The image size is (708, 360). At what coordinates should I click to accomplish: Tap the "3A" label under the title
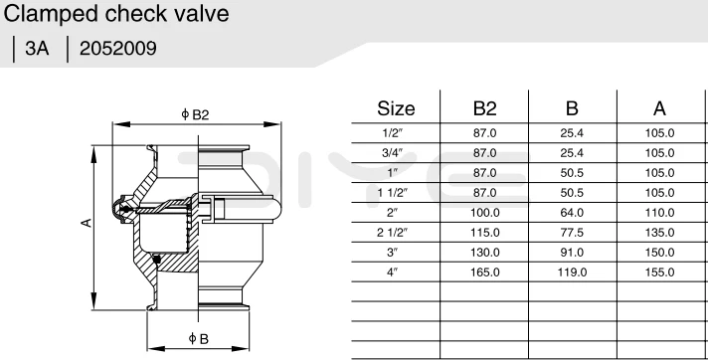pyautogui.click(x=37, y=47)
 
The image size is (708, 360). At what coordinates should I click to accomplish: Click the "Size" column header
pyautogui.click(x=396, y=108)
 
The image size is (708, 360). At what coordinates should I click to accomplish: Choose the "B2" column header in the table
pyautogui.click(x=484, y=108)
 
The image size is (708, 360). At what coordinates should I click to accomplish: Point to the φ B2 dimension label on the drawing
pyautogui.click(x=195, y=114)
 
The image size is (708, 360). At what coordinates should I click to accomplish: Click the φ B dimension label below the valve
pyautogui.click(x=198, y=340)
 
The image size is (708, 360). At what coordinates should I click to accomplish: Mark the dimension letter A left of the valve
pyautogui.click(x=87, y=224)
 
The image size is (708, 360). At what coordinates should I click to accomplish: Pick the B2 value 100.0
pyautogui.click(x=484, y=212)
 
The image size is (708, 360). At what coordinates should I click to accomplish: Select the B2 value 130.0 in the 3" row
pyautogui.click(x=484, y=252)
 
